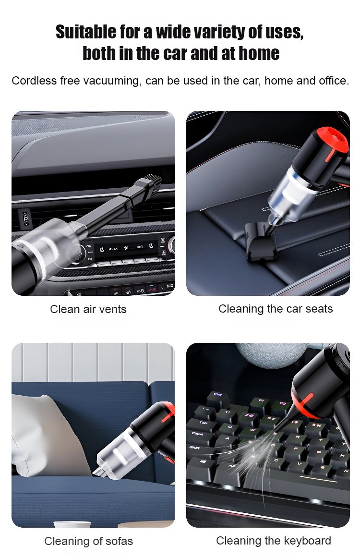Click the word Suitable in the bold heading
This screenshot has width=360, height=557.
point(86,32)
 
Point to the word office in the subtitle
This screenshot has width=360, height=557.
point(334,81)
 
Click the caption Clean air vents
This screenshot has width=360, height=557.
point(88,309)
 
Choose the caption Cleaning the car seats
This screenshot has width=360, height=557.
point(276,309)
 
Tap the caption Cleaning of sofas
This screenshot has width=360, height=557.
point(88,541)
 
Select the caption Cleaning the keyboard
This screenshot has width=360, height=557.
point(274,541)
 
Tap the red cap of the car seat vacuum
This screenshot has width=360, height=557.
point(332,141)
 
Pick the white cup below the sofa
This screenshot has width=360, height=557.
point(72,524)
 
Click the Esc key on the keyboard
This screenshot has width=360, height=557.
point(218,399)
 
